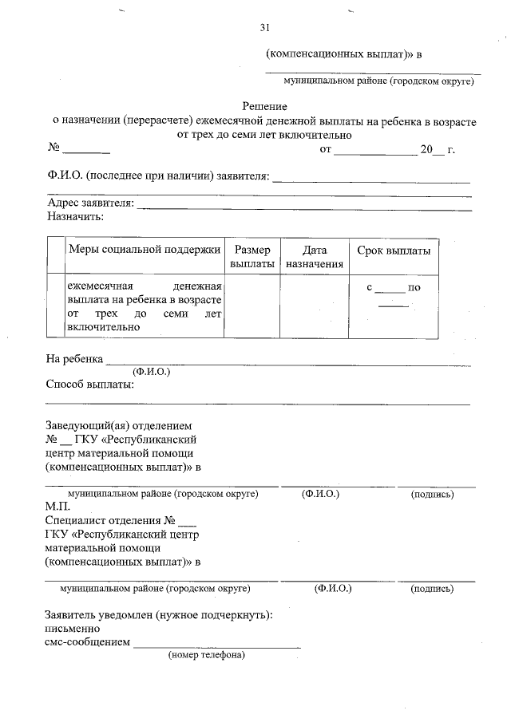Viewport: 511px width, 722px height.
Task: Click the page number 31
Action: click(x=265, y=27)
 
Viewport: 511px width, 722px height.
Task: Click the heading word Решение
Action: click(x=265, y=106)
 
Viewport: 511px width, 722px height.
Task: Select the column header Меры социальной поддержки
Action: click(x=144, y=250)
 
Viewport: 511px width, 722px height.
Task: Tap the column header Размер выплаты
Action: click(x=252, y=256)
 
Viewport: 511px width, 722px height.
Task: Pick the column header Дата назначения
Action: click(x=315, y=256)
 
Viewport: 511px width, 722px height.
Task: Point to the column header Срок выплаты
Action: click(x=394, y=250)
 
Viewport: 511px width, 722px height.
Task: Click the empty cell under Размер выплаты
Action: click(x=252, y=306)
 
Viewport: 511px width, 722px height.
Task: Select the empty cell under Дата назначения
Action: click(x=315, y=306)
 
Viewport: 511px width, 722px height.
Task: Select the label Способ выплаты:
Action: click(x=89, y=385)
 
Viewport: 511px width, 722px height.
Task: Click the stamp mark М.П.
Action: click(x=57, y=507)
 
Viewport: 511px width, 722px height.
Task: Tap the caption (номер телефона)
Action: click(x=206, y=656)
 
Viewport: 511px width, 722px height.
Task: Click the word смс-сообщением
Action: click(x=88, y=642)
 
